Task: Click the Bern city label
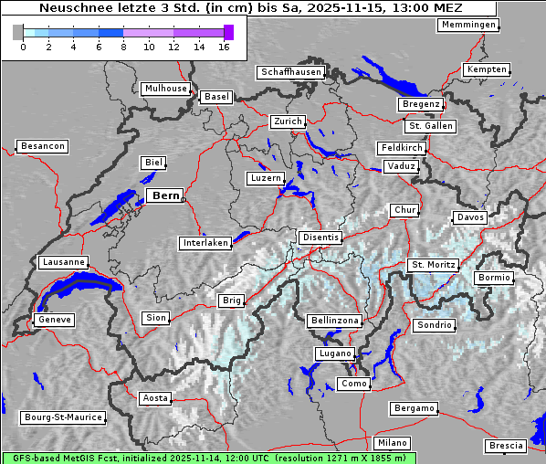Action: (x=165, y=195)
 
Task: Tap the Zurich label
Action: (x=288, y=121)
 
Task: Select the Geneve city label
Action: (x=54, y=320)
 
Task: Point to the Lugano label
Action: (x=334, y=353)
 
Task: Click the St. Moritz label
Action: (x=433, y=265)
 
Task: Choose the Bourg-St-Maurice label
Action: (x=62, y=417)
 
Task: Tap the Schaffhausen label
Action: (x=289, y=71)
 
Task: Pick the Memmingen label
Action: (x=468, y=25)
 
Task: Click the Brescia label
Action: (x=506, y=445)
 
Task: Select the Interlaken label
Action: (x=205, y=243)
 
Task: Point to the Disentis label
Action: (x=320, y=237)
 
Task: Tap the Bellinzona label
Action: (x=335, y=321)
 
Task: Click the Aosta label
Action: (x=155, y=398)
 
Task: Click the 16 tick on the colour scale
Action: (x=225, y=45)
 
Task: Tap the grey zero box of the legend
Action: (x=18, y=32)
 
